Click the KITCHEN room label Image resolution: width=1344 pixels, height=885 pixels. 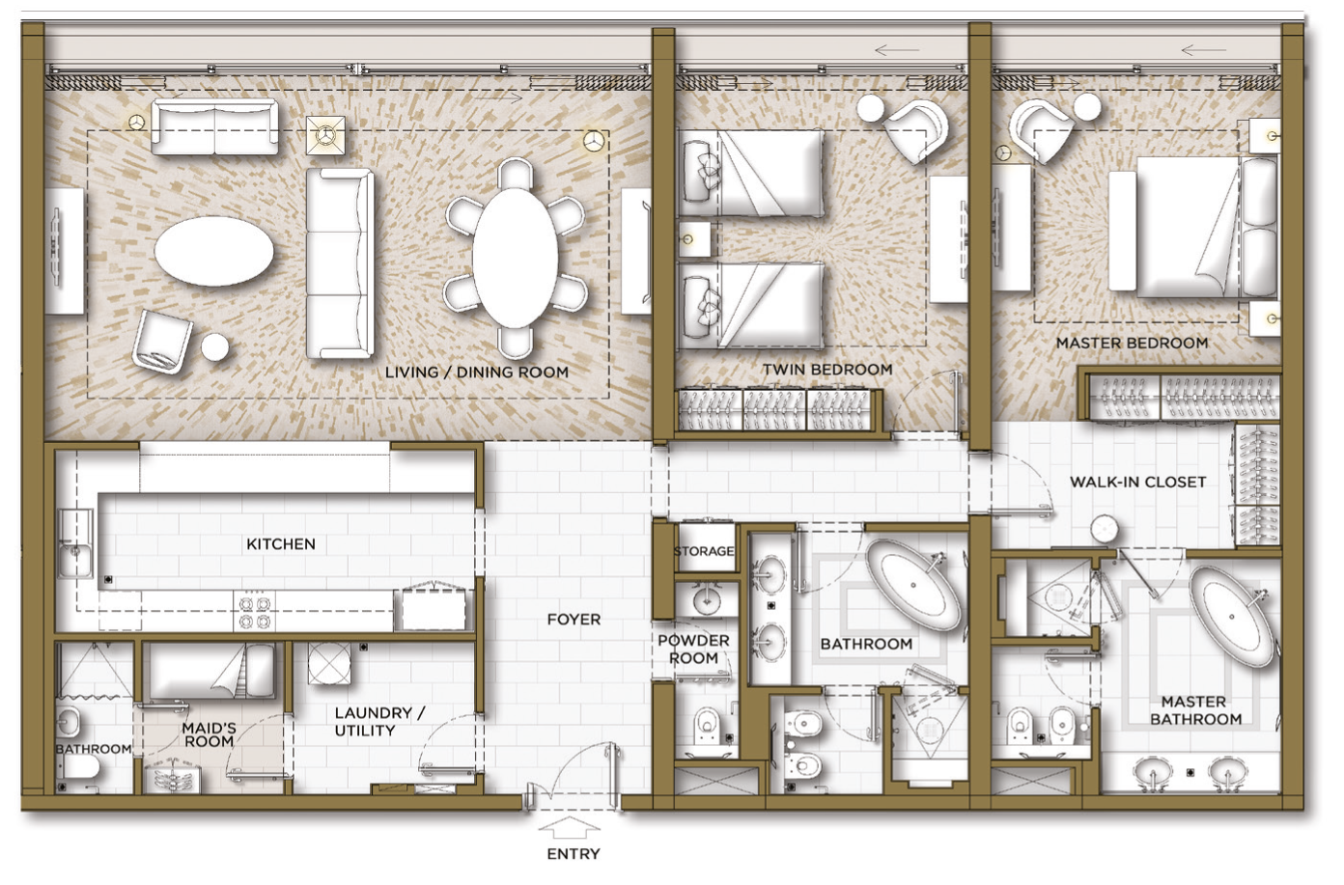pos(281,543)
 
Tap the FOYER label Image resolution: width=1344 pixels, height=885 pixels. pos(574,620)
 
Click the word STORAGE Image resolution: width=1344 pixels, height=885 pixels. pos(705,551)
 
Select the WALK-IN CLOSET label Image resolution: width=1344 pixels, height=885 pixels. pos(1138,483)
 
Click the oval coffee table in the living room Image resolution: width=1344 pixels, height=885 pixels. pos(214,251)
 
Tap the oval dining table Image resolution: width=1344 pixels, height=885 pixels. pos(515,259)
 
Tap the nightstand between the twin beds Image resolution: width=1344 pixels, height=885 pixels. pos(694,239)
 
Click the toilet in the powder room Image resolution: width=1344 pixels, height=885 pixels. pos(707,727)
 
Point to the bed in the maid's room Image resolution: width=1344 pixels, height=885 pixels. pos(211,671)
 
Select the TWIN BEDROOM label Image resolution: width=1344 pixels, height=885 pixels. pos(827,370)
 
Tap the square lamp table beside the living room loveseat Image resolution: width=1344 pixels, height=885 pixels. pos(325,135)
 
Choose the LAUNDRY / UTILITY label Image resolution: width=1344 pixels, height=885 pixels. pos(379,722)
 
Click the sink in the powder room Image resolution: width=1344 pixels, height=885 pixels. pos(707,596)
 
